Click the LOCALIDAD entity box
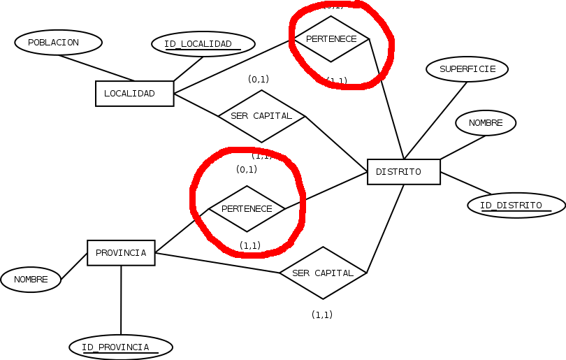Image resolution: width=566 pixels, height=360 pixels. point(134,94)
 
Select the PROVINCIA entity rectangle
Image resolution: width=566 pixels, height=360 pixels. point(121,252)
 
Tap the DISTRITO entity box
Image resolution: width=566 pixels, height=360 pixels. point(403,172)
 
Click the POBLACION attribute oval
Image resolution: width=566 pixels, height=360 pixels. point(58,42)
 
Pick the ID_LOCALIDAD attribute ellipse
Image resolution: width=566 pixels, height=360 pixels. point(203,44)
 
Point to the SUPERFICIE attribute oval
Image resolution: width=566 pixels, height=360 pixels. point(467,69)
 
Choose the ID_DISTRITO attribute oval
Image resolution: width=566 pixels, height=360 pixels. point(516,205)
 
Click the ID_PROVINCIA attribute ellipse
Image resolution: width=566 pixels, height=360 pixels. point(120,347)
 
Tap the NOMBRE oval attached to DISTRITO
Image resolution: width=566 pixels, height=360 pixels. point(486,123)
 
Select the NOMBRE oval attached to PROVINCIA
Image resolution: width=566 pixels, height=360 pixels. point(31,280)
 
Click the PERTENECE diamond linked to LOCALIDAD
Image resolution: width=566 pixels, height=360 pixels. point(331,39)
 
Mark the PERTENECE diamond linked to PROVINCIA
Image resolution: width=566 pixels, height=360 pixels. point(247,208)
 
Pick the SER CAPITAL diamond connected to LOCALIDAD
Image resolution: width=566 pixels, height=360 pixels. point(261,116)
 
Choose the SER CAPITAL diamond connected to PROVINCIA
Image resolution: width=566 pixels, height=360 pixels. point(323,273)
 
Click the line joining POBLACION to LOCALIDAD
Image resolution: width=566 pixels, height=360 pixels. point(96,68)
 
